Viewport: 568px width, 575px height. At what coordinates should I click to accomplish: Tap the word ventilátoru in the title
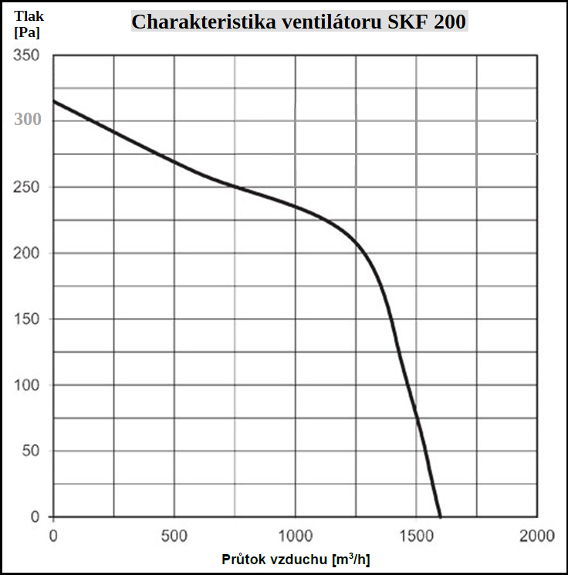click(x=320, y=21)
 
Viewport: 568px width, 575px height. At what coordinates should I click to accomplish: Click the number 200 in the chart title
click(x=449, y=21)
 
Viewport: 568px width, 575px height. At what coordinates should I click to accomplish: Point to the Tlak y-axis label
click(x=29, y=15)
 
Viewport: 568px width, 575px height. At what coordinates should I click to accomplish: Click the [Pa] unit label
click(x=27, y=32)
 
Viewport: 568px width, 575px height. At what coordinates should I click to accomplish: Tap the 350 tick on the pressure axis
click(x=26, y=56)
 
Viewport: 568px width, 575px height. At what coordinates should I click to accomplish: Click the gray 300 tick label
click(x=26, y=121)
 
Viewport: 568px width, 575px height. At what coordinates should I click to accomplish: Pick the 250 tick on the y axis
click(x=26, y=188)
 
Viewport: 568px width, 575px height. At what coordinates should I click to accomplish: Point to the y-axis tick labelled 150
click(x=26, y=319)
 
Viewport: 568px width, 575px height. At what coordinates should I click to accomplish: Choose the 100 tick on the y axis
click(x=26, y=385)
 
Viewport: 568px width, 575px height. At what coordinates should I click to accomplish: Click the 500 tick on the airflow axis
click(x=174, y=535)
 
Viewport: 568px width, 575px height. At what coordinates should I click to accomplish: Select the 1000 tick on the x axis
click(x=295, y=535)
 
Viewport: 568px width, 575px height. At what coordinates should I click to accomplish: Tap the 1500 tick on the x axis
click(x=416, y=535)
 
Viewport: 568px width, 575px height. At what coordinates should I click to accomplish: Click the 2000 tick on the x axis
click(x=537, y=535)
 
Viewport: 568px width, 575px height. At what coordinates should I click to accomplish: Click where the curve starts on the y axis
click(x=53, y=101)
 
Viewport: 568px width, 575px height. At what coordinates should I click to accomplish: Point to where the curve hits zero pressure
click(x=440, y=516)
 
